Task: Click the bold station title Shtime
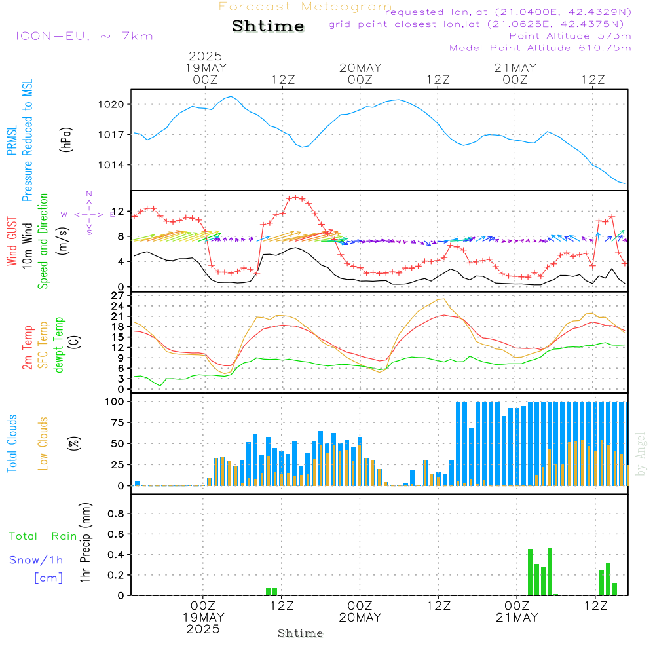coord(268,26)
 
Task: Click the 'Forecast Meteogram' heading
coord(305,7)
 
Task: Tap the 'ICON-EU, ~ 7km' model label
coord(84,36)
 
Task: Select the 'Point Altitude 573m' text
coord(571,36)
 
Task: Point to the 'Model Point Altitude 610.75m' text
coord(540,48)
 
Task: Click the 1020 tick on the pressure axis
coord(111,104)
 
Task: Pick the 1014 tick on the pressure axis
coord(111,165)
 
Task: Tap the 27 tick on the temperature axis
coord(118,296)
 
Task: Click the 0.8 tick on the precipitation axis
coord(116,514)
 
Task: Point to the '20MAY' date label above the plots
coord(360,68)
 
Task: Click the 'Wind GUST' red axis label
coord(12,242)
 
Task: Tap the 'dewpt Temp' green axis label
coord(58,345)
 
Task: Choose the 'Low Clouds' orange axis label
coord(43,443)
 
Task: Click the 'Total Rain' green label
coord(43,536)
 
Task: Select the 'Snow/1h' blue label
coord(36,560)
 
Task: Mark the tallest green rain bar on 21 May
coord(550,571)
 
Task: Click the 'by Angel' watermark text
coord(641,454)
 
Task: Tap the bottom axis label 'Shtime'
coord(301,633)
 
